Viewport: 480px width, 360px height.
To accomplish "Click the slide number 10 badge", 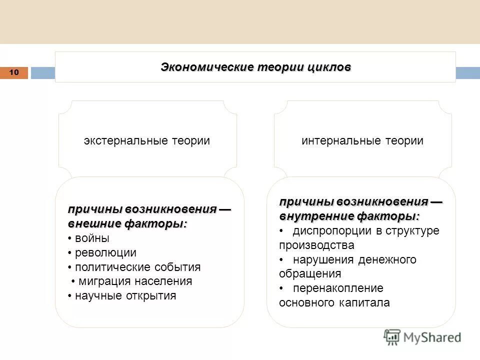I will click(14, 73).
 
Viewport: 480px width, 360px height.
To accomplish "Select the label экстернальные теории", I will click(146, 141).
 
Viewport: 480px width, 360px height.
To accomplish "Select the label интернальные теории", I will click(362, 141).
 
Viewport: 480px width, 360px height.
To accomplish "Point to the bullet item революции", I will click(105, 253).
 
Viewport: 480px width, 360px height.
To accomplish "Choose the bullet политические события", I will click(137, 267).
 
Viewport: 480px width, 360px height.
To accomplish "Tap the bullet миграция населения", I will click(135, 281).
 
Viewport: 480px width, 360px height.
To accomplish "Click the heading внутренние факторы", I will click(349, 216).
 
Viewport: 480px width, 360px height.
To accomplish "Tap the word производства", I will click(316, 245).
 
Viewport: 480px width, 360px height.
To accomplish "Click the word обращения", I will click(310, 273).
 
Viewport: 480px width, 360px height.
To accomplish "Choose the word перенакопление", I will click(330, 288).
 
